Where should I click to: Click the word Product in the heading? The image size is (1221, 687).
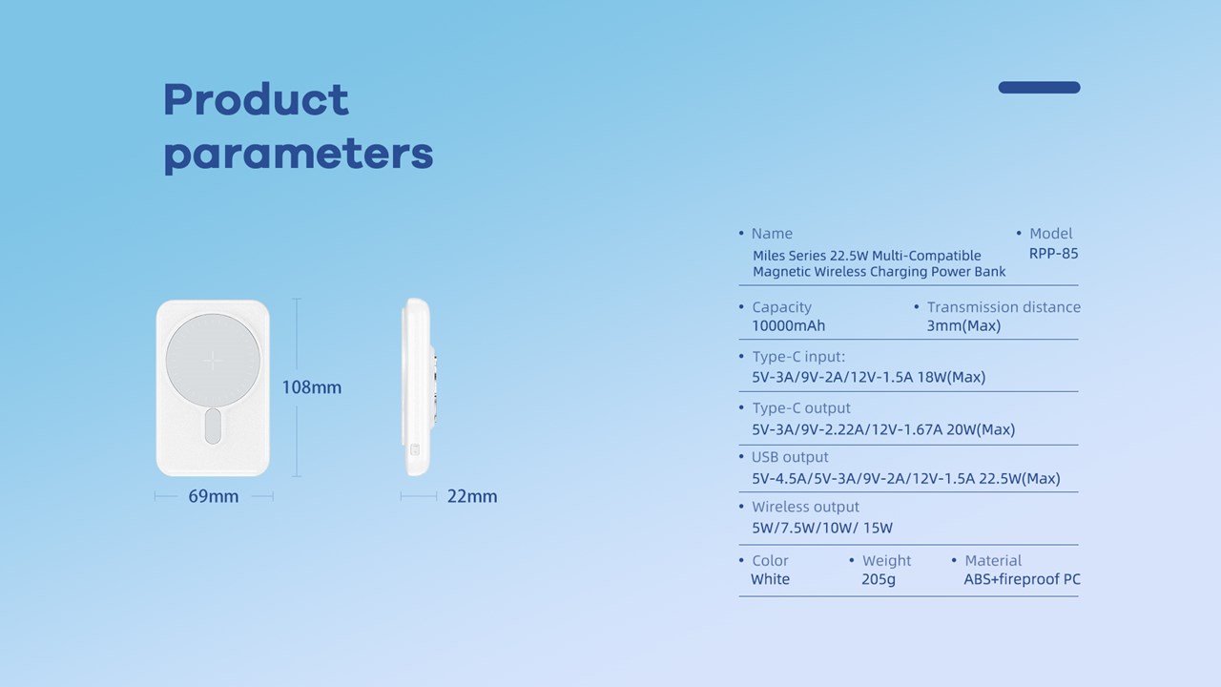(x=256, y=99)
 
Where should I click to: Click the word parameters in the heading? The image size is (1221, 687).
(x=299, y=155)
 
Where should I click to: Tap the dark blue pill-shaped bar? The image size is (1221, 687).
(x=1039, y=87)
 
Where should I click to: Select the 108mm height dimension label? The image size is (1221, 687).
(x=311, y=387)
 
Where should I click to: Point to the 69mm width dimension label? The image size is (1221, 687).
(x=213, y=496)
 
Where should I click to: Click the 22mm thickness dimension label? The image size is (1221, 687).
(x=472, y=496)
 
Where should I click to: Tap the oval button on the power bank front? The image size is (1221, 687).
(x=213, y=426)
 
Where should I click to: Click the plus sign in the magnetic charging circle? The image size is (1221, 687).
(x=212, y=360)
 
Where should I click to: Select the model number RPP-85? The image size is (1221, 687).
(x=1053, y=254)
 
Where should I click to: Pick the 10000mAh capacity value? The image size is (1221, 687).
(x=788, y=326)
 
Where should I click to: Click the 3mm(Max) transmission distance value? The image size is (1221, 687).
(x=963, y=326)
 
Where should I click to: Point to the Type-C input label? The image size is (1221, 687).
(x=798, y=357)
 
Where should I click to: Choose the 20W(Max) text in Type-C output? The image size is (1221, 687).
(x=981, y=429)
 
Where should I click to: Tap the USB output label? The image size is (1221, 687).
(x=790, y=457)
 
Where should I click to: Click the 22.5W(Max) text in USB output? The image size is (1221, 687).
(x=1020, y=479)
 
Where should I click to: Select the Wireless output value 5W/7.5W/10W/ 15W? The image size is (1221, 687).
(x=822, y=528)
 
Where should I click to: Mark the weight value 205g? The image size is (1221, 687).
(x=879, y=579)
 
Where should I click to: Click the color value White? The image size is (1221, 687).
(x=770, y=579)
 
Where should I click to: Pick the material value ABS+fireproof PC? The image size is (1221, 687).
(x=1022, y=579)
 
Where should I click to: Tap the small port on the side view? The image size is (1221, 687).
(x=415, y=449)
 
